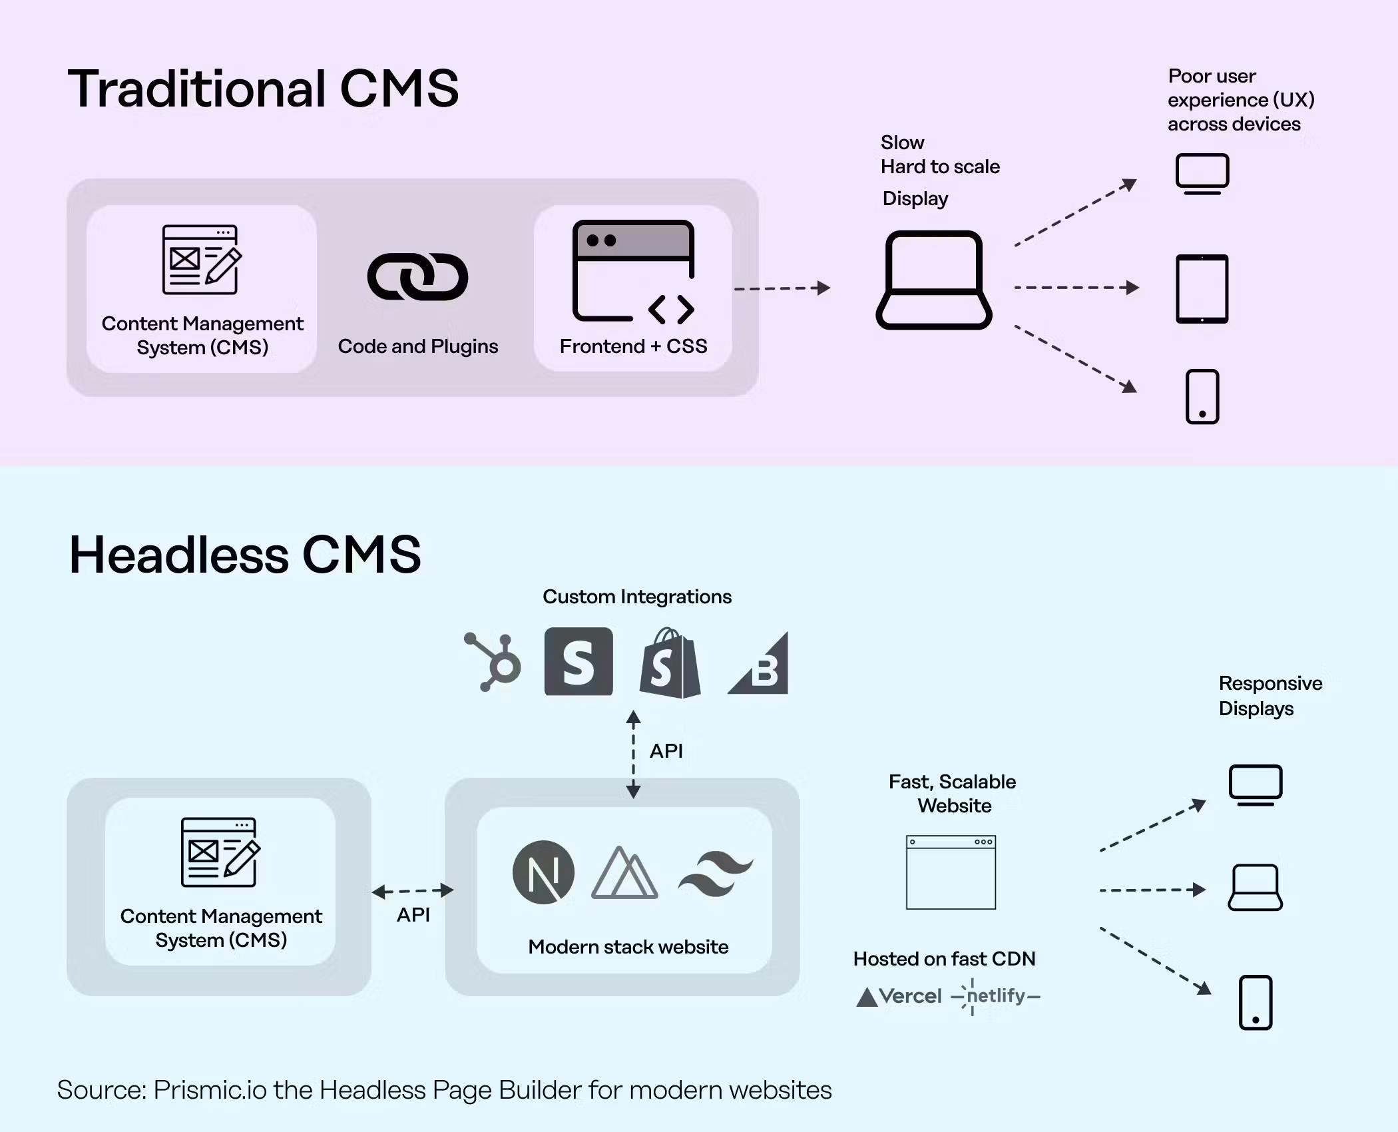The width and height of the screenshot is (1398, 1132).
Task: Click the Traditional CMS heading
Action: click(x=263, y=89)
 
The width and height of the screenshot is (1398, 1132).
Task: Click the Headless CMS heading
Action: click(x=245, y=555)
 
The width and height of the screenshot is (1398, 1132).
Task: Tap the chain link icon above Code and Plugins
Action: click(x=418, y=277)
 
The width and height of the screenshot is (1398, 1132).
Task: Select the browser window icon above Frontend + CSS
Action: click(x=633, y=271)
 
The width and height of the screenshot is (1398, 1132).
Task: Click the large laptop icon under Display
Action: click(x=933, y=280)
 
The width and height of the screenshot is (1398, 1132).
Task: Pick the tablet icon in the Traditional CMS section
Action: click(x=1202, y=289)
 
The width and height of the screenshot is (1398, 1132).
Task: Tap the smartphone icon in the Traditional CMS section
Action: click(x=1202, y=397)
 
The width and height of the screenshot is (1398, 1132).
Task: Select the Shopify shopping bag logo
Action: click(x=670, y=663)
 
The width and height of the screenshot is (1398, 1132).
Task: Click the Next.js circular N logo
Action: click(x=543, y=872)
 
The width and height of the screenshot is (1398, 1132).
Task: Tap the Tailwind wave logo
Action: click(x=715, y=873)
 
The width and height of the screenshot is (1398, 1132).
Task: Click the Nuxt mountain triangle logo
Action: click(x=624, y=874)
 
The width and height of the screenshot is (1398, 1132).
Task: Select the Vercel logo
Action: click(x=899, y=996)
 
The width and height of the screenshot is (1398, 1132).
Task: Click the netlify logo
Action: click(x=996, y=996)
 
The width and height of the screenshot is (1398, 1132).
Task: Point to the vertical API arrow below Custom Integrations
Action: click(x=633, y=754)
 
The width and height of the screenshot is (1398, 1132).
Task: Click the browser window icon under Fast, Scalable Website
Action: click(x=951, y=872)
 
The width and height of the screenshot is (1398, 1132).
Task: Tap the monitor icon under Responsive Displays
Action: click(x=1255, y=785)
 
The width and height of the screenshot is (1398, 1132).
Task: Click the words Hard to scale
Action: click(x=940, y=166)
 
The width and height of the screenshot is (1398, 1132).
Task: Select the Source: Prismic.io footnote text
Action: click(x=444, y=1090)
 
